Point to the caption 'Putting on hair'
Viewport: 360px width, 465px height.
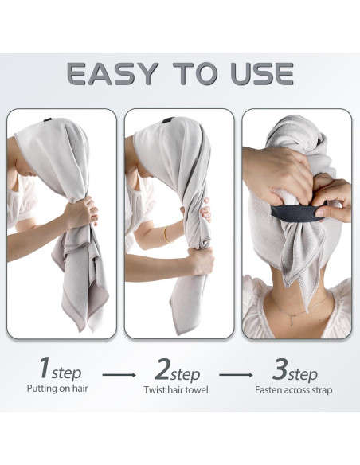tap(58, 389)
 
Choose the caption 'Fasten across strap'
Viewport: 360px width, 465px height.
tap(293, 389)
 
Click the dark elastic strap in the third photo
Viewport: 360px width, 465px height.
tap(295, 213)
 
